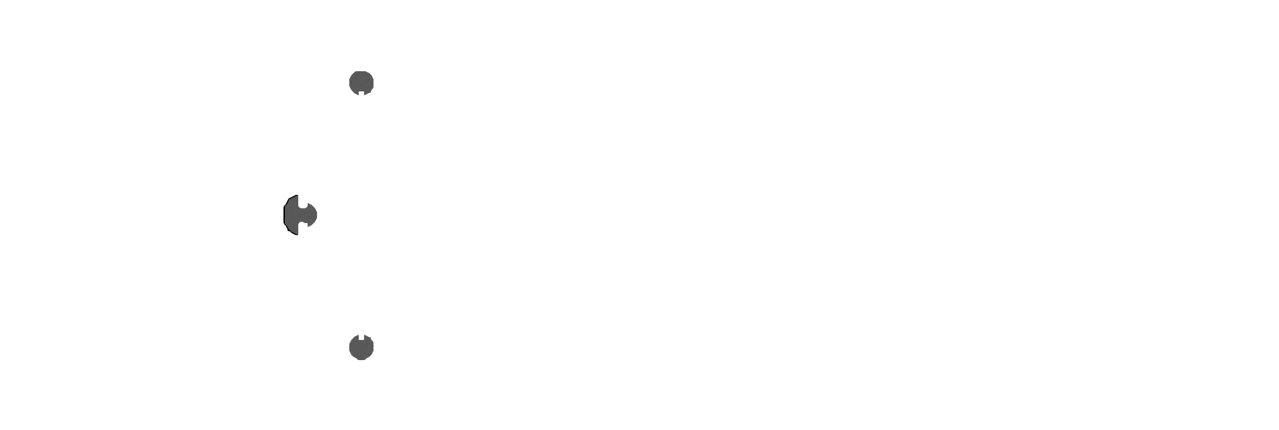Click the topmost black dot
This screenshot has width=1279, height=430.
coord(361,81)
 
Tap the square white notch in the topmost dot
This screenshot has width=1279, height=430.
coord(361,93)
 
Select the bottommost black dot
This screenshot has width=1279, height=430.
coord(361,348)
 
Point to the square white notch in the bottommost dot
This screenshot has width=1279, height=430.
coord(361,337)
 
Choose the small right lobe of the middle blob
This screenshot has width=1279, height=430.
coord(311,215)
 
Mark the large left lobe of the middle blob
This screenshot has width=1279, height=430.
coord(292,215)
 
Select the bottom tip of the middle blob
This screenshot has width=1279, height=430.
coord(296,234)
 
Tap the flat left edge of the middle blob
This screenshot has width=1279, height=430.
coord(284,215)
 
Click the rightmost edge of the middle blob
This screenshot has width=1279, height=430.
coord(317,215)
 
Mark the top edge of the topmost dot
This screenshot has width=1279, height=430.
coord(361,71)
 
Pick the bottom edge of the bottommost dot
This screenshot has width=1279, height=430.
coord(361,360)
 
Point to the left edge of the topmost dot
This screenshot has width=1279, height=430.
coord(350,83)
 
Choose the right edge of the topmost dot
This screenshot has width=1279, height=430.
coord(373,83)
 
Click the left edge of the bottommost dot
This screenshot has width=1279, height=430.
coord(350,348)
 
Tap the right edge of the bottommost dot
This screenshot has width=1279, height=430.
coord(373,348)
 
